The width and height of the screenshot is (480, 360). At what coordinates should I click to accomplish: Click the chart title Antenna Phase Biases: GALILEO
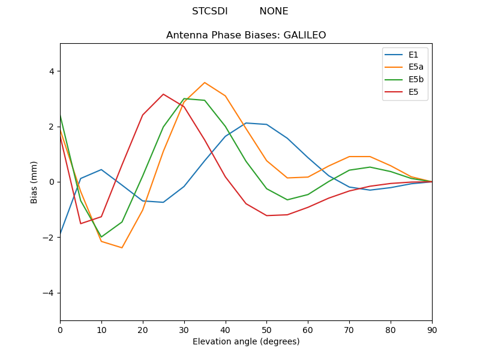(246, 35)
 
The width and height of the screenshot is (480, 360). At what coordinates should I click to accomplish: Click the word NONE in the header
(274, 11)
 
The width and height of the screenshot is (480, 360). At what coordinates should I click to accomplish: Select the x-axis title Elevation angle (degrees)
(246, 341)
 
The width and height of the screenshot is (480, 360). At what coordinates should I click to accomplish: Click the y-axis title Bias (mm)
(35, 182)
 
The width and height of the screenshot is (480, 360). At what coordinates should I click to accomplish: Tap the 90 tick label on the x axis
(432, 329)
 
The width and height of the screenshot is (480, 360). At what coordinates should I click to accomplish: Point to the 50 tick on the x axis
(266, 329)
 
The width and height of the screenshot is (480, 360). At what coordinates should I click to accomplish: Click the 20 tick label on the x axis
(143, 329)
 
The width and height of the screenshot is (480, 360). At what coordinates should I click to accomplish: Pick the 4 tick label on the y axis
(52, 71)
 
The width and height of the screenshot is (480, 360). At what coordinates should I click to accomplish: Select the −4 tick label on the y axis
(49, 293)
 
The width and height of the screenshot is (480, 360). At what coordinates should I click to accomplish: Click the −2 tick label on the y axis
(49, 238)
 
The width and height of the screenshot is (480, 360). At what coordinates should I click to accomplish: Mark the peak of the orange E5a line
(205, 83)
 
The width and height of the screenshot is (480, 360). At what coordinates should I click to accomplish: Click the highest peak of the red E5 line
(163, 94)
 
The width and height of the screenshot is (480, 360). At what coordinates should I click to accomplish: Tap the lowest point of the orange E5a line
(122, 248)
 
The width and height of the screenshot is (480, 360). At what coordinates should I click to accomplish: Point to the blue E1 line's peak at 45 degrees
(246, 123)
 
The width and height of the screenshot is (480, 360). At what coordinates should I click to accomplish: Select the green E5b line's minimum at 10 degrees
(101, 237)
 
